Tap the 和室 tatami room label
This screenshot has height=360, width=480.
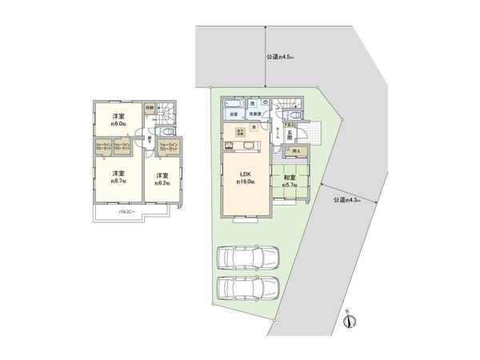(x=288, y=178)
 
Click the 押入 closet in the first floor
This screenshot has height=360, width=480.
(x=297, y=150)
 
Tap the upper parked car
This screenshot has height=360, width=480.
(x=248, y=258)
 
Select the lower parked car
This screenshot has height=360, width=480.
(x=248, y=287)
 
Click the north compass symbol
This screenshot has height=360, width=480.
(x=347, y=322)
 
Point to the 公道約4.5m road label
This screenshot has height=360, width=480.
(x=280, y=58)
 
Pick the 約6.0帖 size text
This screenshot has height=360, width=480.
(x=118, y=124)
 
